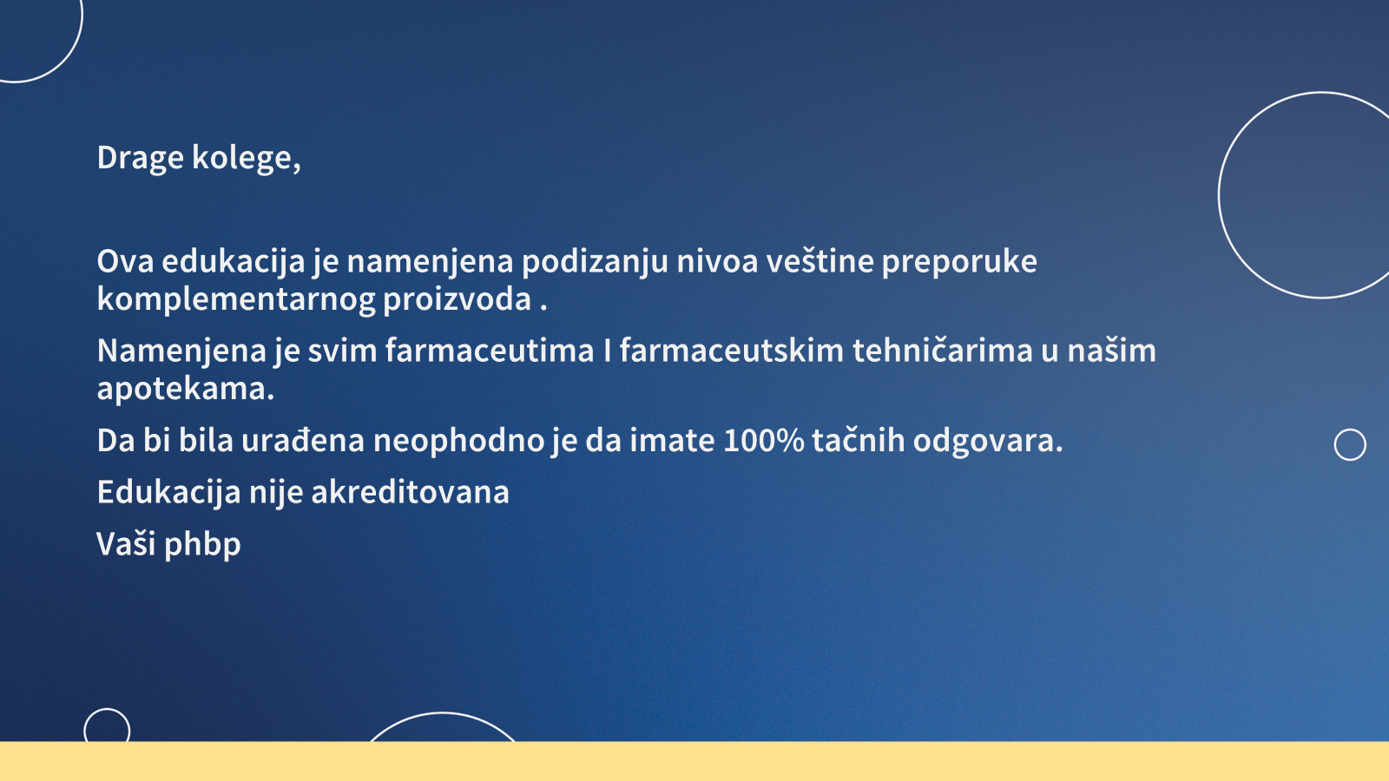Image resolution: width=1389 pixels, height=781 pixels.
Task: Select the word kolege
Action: (x=247, y=157)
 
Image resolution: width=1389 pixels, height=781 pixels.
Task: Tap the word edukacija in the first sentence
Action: (x=234, y=261)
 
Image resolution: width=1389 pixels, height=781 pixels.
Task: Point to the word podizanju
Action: (x=595, y=262)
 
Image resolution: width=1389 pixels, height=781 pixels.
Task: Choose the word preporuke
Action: (x=959, y=262)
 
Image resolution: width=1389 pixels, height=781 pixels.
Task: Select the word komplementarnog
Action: (x=235, y=300)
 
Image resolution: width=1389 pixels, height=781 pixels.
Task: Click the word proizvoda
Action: (x=457, y=300)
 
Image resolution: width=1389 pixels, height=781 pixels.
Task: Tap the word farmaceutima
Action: (x=490, y=351)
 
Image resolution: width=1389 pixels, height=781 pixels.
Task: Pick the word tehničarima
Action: (x=943, y=351)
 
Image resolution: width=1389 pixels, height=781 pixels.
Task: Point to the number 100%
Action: (x=763, y=442)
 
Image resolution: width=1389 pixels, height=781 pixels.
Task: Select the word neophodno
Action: (x=459, y=442)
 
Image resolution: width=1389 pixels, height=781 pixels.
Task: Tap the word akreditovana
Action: (x=410, y=493)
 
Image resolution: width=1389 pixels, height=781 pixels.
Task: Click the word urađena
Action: (x=303, y=442)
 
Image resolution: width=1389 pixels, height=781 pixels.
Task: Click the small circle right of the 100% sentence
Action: (x=1350, y=430)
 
